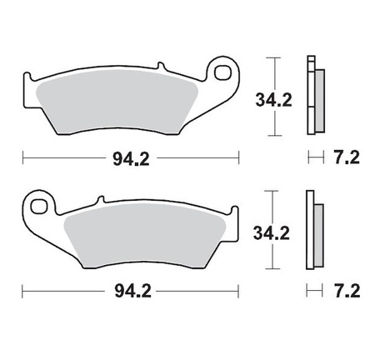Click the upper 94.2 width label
click(131, 157)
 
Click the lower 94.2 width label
click(131, 292)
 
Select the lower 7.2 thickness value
click(345, 292)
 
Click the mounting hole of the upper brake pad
click(222, 74)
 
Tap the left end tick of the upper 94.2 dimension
click(22, 157)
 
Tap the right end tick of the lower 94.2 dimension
click(239, 292)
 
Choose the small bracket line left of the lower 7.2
click(310, 292)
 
